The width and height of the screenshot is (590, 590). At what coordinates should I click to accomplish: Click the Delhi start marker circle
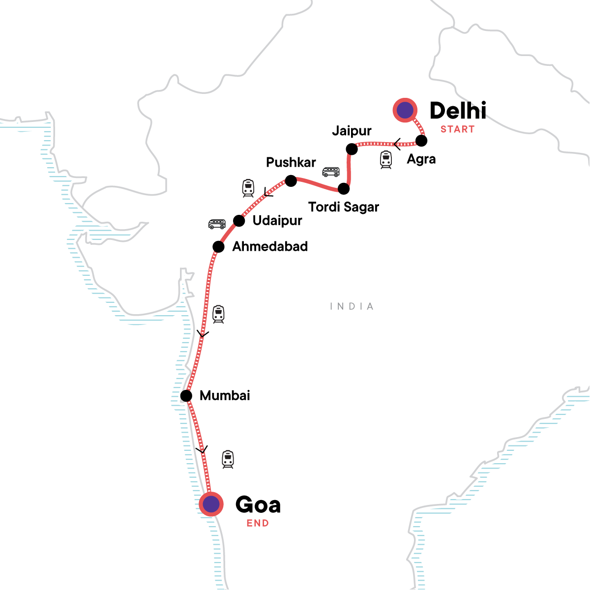click(405, 110)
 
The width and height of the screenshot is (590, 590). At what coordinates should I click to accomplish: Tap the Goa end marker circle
click(211, 504)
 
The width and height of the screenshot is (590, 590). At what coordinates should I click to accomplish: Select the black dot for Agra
click(421, 141)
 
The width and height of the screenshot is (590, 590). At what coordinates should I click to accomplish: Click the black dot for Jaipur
click(352, 148)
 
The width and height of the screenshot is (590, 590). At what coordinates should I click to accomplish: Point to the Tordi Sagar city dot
click(344, 188)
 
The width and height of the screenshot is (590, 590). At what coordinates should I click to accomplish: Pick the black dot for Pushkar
click(291, 181)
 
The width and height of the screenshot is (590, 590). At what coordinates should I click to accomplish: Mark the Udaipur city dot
click(239, 220)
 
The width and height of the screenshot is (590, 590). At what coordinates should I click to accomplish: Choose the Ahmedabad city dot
click(218, 246)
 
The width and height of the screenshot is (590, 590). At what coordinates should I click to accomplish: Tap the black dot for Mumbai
click(186, 395)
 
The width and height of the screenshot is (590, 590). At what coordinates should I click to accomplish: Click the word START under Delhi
click(457, 129)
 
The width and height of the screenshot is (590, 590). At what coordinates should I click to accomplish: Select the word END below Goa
click(258, 523)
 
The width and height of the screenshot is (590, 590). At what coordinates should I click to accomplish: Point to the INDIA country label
click(352, 306)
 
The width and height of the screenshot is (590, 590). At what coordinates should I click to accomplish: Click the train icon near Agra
click(386, 160)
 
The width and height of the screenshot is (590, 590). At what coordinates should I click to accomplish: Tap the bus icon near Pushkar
click(331, 172)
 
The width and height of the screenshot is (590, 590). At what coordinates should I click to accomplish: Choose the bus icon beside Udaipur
click(217, 224)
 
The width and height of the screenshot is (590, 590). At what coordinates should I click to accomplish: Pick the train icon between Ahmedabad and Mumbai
click(218, 314)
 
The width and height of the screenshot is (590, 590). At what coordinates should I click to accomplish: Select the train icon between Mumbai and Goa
click(228, 459)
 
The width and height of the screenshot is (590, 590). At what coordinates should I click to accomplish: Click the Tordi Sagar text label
click(344, 207)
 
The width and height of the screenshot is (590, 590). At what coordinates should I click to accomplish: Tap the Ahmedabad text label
click(270, 246)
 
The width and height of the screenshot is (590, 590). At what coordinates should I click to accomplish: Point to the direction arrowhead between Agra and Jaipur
click(397, 144)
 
